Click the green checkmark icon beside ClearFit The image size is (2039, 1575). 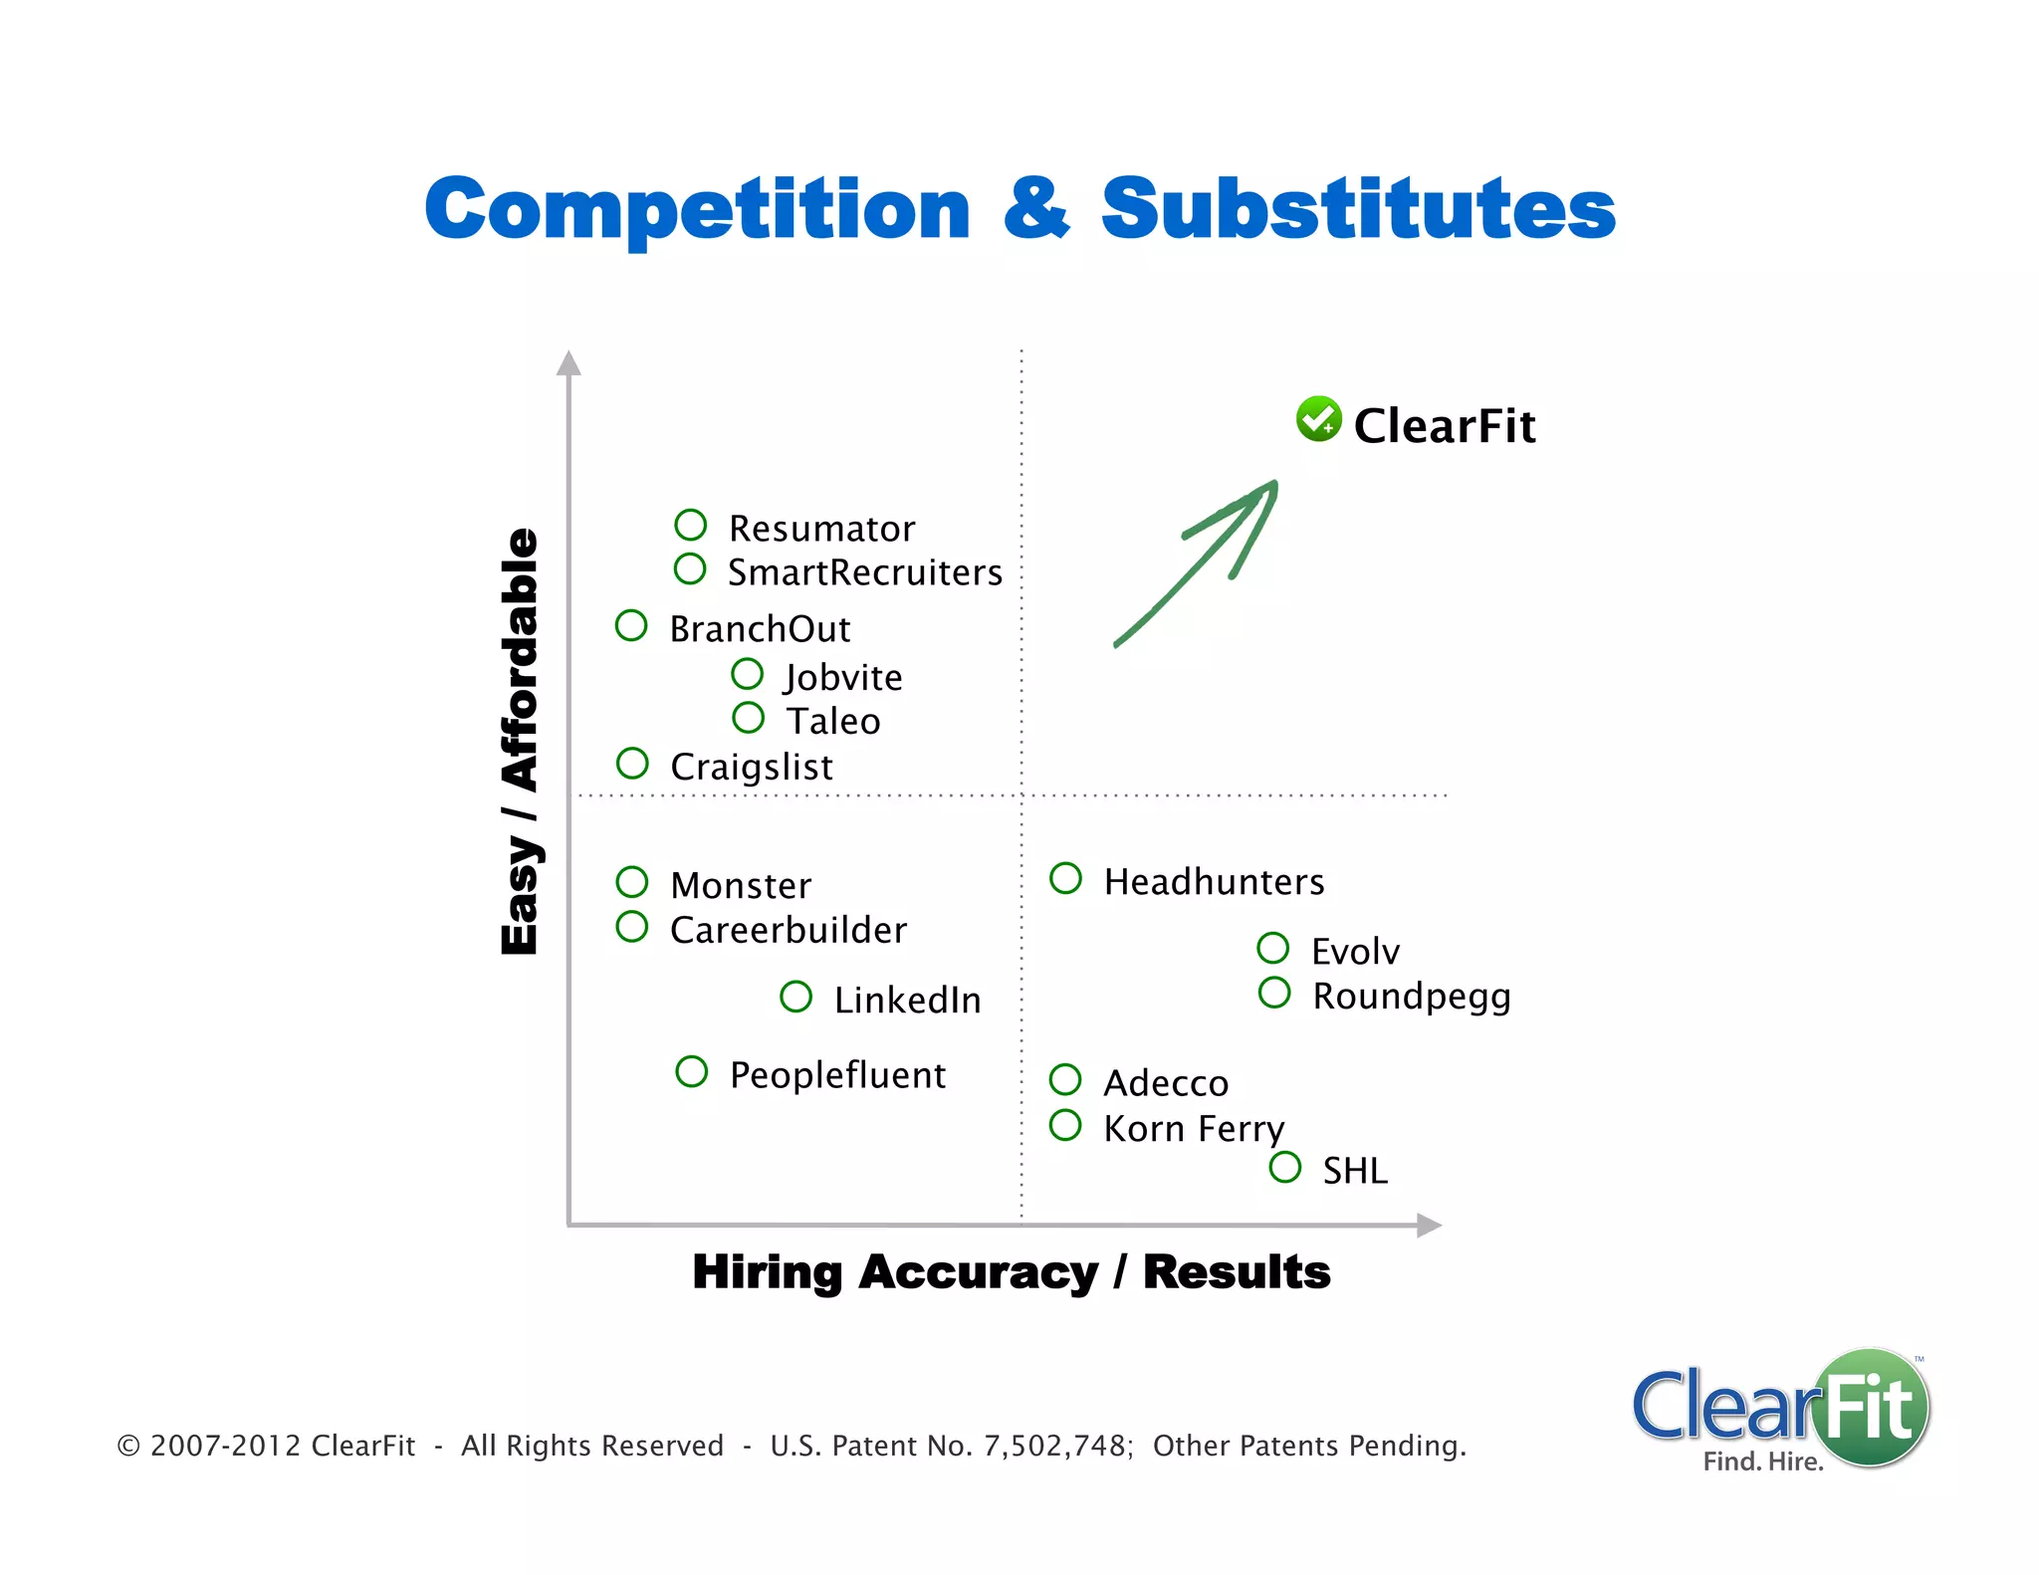pos(1318,419)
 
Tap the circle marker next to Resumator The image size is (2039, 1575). pos(690,525)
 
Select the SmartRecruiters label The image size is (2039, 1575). pos(864,572)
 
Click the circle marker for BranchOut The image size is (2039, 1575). pos(631,626)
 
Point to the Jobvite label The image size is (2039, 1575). pos(843,677)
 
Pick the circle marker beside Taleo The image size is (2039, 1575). pos(748,718)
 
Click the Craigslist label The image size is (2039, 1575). pos(751,767)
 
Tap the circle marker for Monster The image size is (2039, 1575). pos(632,882)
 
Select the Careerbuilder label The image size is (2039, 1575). pos(788,930)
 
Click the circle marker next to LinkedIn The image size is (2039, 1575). pos(796,997)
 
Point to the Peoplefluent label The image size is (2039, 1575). pos(837,1075)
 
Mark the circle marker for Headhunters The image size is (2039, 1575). pos(1065,878)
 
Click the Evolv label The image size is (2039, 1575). pos(1355,952)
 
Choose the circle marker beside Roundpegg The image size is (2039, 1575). pos(1274,993)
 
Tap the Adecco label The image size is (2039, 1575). pos(1166,1083)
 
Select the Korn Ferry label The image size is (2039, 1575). pos(1194,1129)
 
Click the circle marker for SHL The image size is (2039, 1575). pos(1285,1167)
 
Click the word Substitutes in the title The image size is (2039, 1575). pos(1358,209)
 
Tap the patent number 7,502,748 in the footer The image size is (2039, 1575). pos(1056,1446)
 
